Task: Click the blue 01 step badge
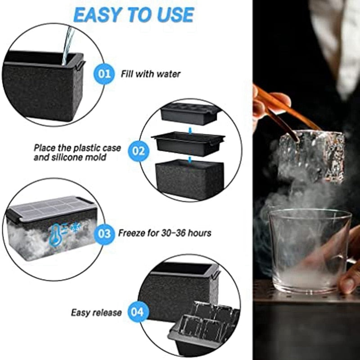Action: point(104,73)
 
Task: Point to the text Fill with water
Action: point(150,73)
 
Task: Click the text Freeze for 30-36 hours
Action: point(165,234)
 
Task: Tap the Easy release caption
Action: point(96,312)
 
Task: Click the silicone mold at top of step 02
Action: point(189,114)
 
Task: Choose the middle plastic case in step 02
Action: point(188,143)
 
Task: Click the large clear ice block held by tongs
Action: point(310,155)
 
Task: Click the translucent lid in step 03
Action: point(49,208)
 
